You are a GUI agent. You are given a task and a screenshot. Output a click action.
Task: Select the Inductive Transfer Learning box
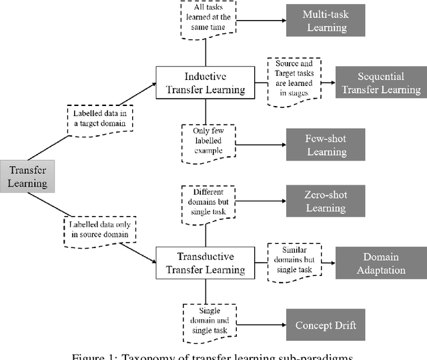click(205, 82)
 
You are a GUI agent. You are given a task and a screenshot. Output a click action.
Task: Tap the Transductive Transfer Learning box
click(205, 263)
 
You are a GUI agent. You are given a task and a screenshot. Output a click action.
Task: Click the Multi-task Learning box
click(325, 21)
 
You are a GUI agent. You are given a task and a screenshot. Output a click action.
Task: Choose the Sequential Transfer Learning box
click(380, 82)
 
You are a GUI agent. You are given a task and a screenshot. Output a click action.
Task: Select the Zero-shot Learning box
click(325, 201)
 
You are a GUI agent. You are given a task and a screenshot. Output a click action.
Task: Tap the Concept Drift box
click(325, 325)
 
